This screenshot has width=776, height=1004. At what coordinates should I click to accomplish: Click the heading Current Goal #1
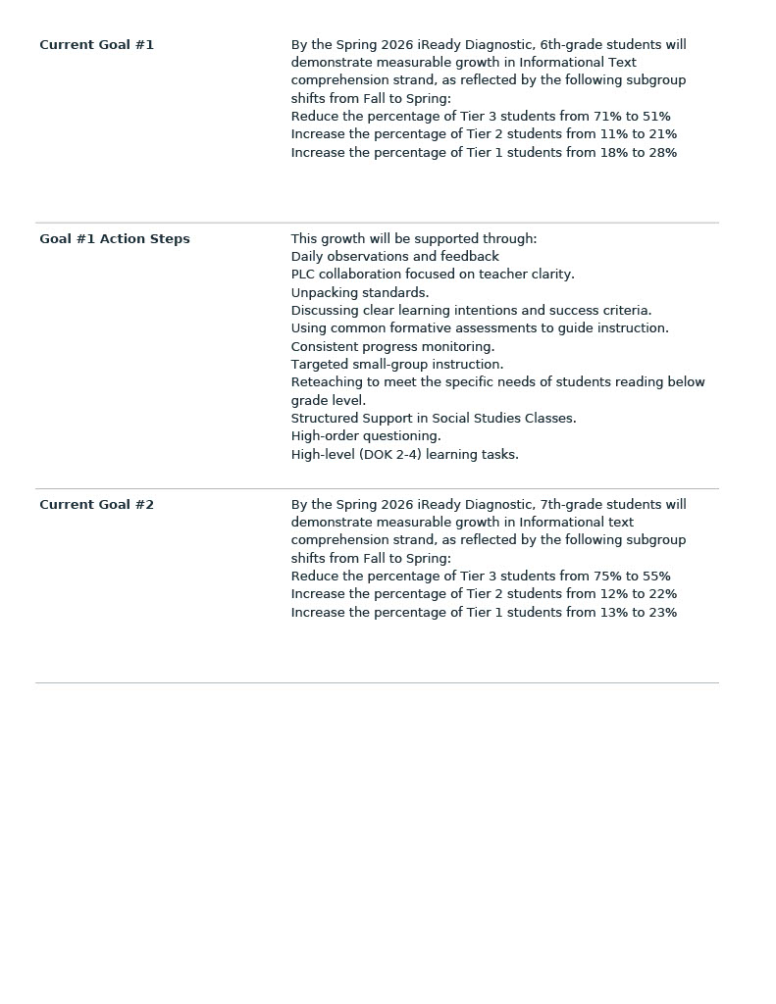point(96,45)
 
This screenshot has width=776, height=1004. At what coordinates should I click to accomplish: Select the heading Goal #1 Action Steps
point(114,239)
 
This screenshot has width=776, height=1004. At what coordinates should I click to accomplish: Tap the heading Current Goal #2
point(96,505)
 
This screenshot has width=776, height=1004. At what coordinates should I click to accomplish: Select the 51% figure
point(656,117)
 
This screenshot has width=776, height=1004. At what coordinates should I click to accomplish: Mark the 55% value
point(656,577)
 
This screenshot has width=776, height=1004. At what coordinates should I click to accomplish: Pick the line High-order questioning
point(366,436)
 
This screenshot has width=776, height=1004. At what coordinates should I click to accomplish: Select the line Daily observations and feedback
point(394,257)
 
